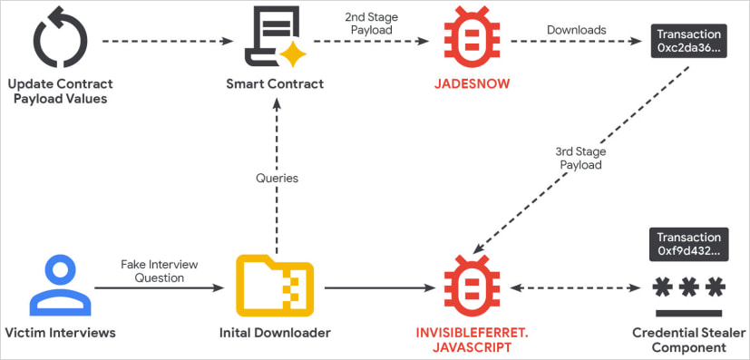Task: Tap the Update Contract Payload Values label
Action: coord(61,92)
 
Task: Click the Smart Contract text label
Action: coord(275,84)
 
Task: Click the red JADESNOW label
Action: coord(471,84)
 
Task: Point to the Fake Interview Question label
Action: coord(158,270)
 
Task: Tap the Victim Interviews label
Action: coord(61,333)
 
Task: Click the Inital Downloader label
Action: coord(275,333)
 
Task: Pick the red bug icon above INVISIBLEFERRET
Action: coord(471,287)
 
